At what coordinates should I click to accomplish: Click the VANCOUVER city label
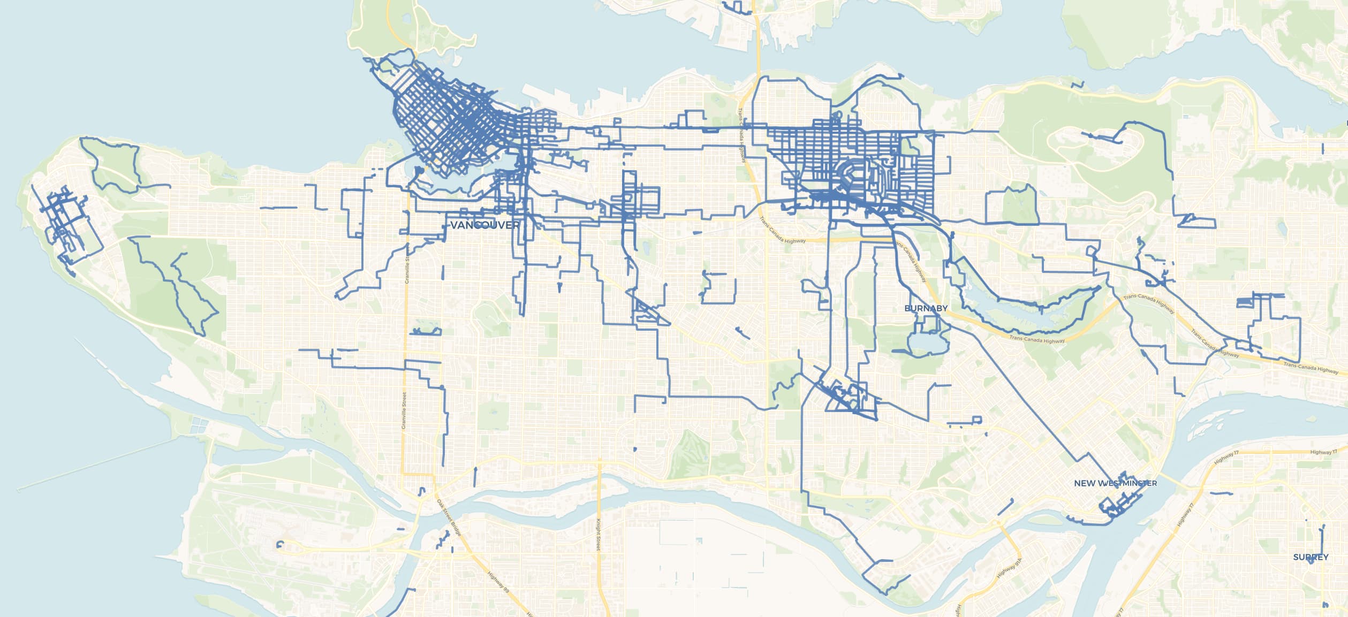[484, 225]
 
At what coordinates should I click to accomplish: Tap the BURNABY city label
[926, 308]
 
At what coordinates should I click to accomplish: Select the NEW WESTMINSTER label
[1115, 483]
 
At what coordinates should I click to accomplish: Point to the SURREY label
[1311, 557]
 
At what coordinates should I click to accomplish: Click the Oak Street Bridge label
[448, 516]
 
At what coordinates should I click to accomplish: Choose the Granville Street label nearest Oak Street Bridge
[404, 410]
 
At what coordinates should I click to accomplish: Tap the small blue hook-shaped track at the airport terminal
[279, 545]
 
